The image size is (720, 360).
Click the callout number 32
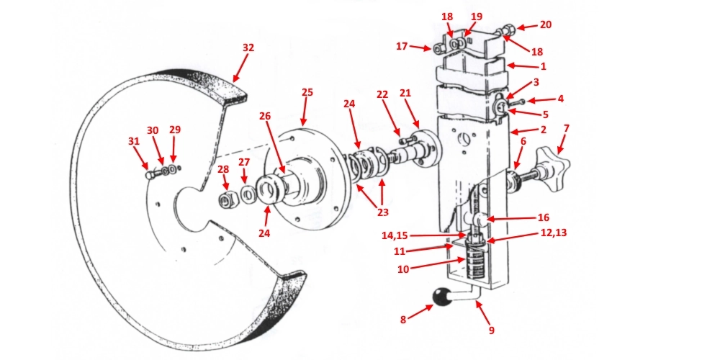(248, 48)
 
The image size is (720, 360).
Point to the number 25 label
(307, 93)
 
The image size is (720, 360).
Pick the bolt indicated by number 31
(150, 173)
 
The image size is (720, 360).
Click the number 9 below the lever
(491, 331)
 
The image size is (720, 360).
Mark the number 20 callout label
(546, 25)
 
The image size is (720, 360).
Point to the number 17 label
(402, 47)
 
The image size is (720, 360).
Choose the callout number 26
(265, 116)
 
